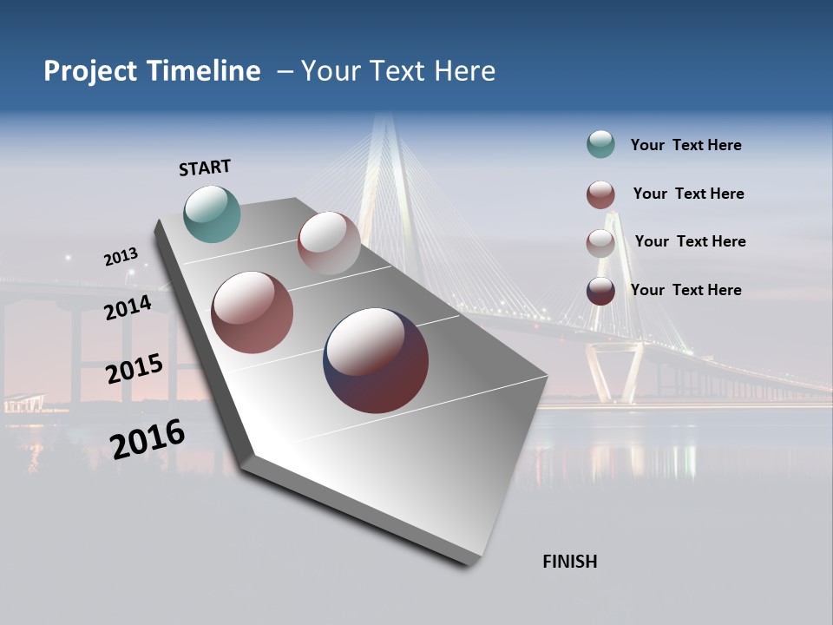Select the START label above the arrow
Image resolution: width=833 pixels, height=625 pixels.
coord(205,168)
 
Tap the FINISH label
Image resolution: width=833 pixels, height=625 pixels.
coord(569,562)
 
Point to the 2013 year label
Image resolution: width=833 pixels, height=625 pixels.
coord(121,257)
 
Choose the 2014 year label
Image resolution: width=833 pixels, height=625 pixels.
coord(128,307)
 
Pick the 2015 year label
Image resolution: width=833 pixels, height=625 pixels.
coord(134,368)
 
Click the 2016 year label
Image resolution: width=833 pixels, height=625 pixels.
coord(147,438)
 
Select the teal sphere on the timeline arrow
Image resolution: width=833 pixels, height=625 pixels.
coord(212,214)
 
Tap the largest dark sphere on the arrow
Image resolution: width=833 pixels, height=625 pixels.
coord(376,360)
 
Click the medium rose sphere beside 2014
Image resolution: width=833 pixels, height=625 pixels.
coord(253,312)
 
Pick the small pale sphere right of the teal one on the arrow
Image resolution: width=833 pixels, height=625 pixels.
coord(329,243)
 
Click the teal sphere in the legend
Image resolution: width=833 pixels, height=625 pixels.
coord(600,145)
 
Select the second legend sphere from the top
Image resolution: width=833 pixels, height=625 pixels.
coord(600,194)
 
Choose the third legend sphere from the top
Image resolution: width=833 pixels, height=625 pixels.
coord(600,243)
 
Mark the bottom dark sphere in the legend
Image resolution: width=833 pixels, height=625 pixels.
coord(600,291)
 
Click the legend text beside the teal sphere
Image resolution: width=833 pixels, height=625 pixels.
coord(685,146)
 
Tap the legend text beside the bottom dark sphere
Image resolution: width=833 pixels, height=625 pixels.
coord(685,290)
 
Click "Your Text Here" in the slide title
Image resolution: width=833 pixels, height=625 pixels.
coord(398,71)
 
